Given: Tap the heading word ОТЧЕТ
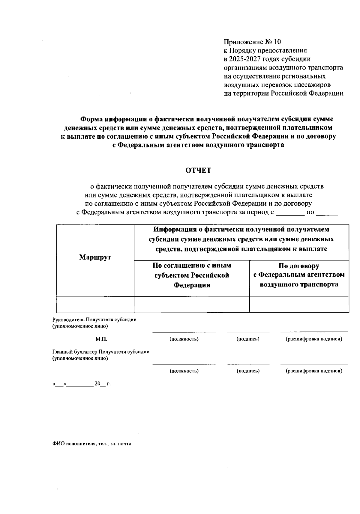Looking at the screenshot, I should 198,171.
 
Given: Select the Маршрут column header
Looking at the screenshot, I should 95,257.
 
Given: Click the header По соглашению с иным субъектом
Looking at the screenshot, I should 192,275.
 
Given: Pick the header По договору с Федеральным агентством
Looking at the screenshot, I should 299,275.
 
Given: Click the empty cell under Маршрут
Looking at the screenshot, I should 95,305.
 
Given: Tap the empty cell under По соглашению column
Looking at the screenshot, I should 192,305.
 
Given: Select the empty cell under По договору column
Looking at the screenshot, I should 299,305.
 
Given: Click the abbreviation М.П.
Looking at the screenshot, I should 101,339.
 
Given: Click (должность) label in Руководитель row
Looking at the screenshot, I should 184,339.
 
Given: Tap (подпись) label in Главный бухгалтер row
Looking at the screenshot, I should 248,371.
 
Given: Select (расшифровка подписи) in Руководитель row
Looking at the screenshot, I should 314,339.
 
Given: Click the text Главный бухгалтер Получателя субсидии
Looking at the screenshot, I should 101,352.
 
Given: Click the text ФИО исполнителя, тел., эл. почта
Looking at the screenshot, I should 92,444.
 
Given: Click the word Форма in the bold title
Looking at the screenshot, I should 91,119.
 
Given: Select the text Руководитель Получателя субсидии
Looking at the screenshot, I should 94,319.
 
